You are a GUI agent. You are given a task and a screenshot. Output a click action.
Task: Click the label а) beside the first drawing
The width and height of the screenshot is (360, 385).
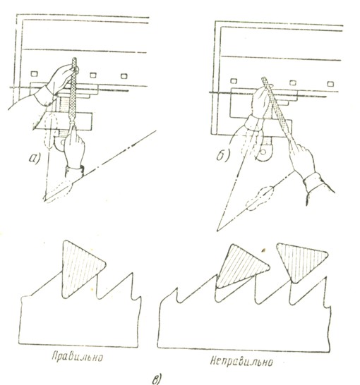34,158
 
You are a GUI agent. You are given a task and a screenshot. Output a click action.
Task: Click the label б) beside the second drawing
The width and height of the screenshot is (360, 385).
223,154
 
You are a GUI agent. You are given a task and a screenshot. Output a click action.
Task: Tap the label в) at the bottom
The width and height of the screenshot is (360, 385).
157,379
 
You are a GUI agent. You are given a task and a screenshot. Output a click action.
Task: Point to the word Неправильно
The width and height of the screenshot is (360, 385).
241,361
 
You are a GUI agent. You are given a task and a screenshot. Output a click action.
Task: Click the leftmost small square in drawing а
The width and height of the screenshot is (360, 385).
34,73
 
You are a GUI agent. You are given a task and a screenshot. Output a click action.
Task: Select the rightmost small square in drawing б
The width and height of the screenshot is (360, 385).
330,84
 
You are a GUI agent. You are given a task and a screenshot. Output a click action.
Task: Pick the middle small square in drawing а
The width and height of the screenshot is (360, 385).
93,75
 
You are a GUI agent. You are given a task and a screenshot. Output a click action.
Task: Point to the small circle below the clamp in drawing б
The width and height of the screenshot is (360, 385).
263,152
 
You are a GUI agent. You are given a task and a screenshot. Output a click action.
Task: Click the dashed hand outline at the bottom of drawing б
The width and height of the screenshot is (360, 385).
260,198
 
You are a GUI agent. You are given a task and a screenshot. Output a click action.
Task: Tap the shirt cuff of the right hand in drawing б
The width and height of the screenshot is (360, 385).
313,182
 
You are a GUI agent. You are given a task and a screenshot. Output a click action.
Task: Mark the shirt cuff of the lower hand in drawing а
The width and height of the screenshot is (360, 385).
75,171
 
